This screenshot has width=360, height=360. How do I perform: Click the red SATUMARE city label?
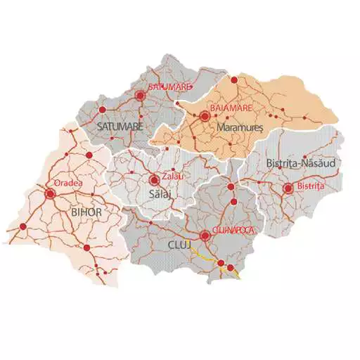coord(170,86)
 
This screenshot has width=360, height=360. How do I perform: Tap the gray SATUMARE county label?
coord(120,127)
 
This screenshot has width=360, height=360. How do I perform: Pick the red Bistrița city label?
coord(311,186)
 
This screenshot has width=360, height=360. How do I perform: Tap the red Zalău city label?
coord(172,176)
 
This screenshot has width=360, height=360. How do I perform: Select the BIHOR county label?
coord(87,210)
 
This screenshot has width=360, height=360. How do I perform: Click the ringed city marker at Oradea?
coord(50,193)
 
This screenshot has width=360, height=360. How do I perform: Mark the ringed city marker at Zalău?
coord(154,179)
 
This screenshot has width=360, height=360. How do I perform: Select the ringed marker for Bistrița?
coord(288,188)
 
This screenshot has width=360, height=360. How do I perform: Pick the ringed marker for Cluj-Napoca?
coord(205,235)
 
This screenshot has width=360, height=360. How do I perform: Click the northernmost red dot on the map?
coord(234,80)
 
